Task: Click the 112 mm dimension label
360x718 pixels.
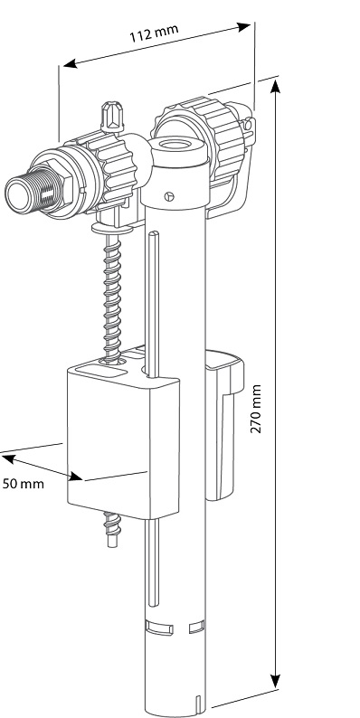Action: coord(153,35)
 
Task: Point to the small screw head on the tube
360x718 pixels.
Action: coord(169,194)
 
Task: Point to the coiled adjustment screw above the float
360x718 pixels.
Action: coord(112,289)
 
